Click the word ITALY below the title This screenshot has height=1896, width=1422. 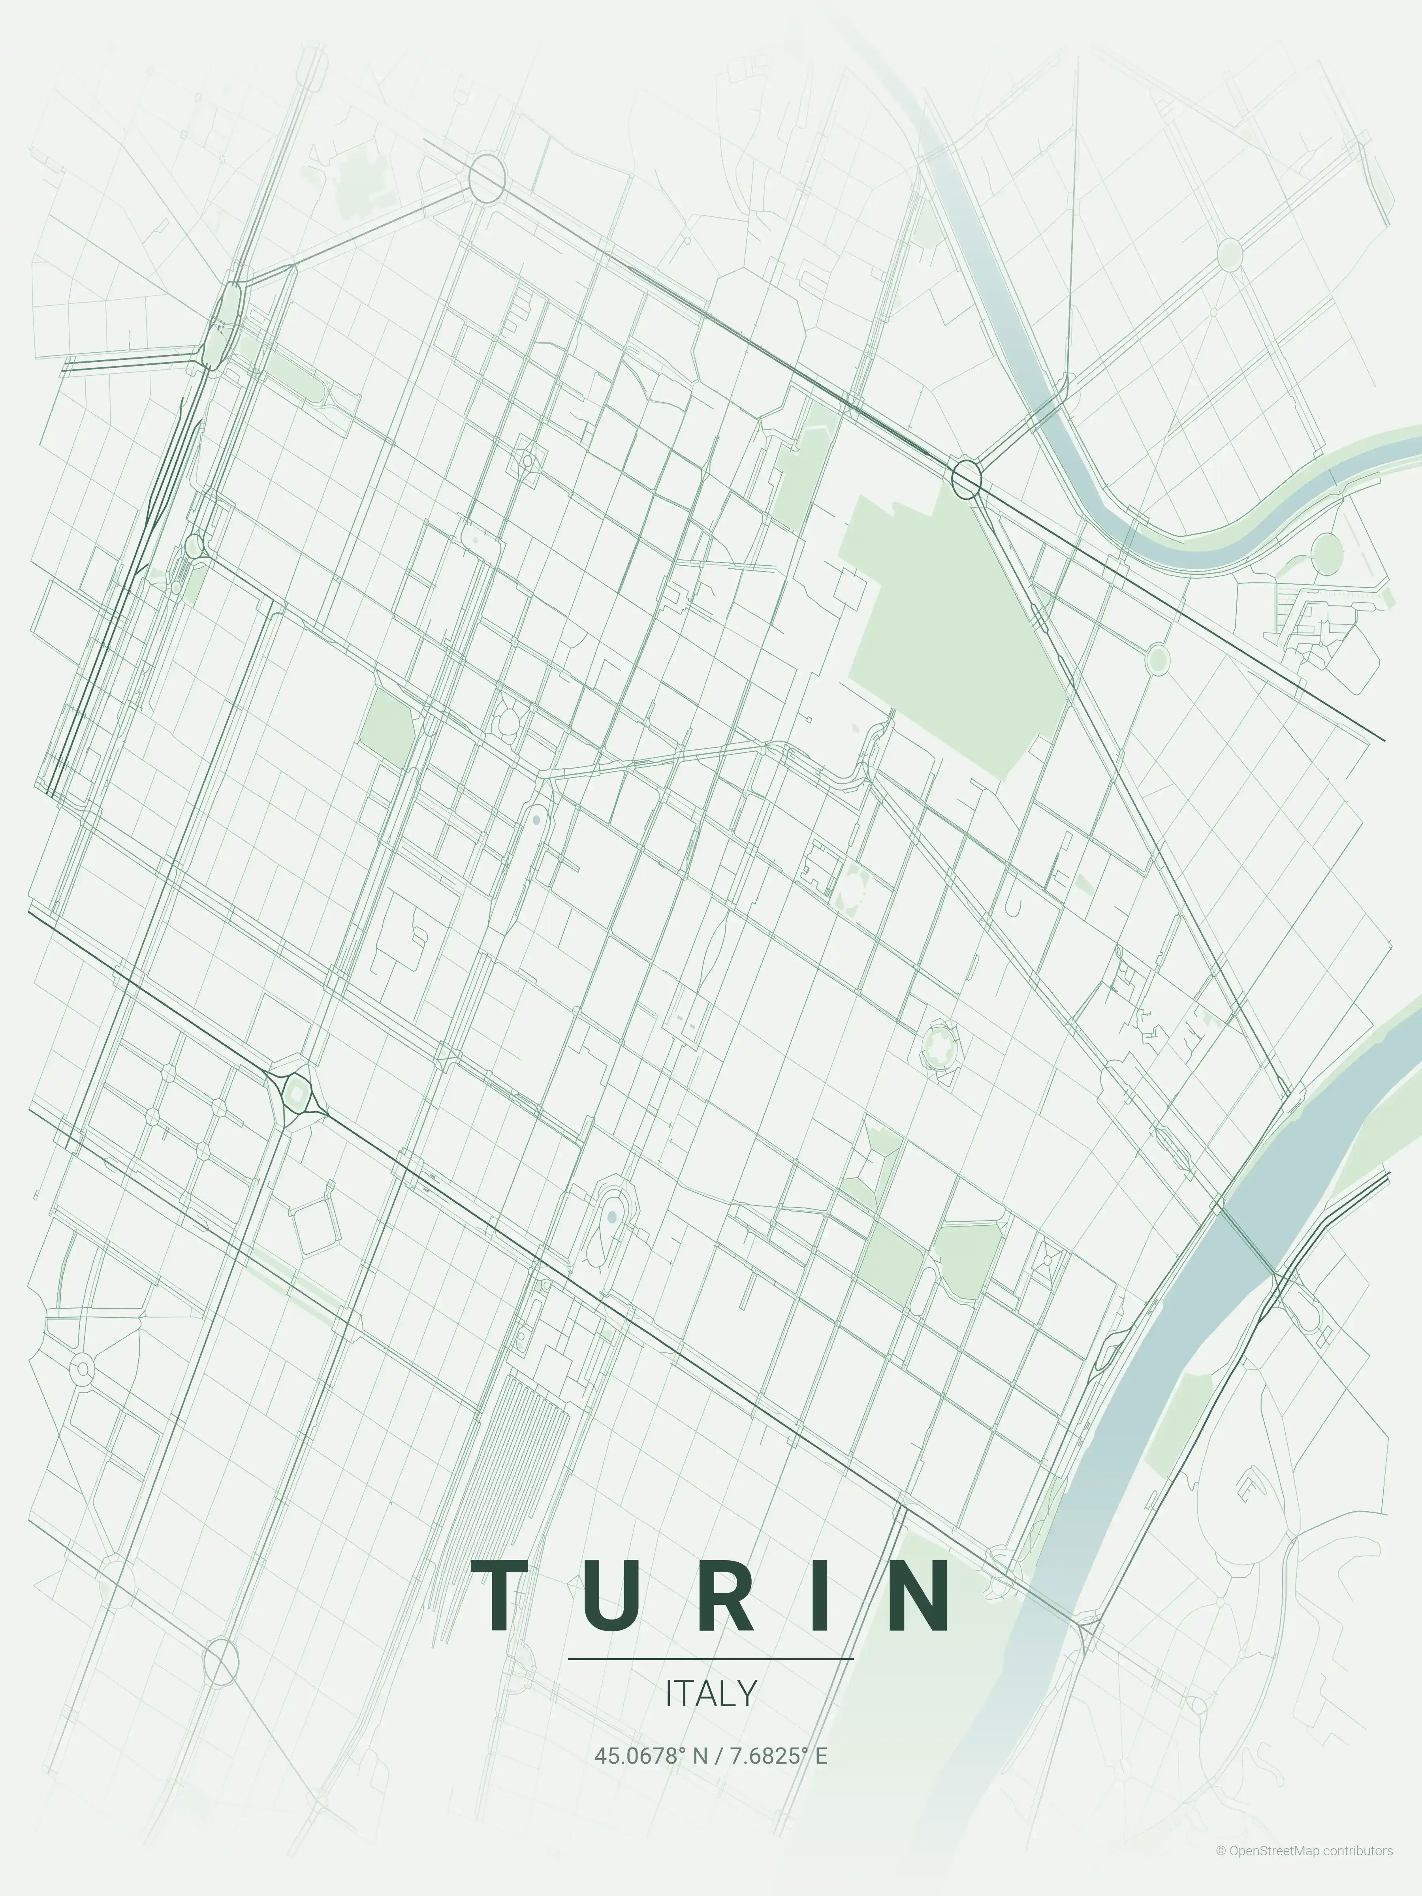711,1693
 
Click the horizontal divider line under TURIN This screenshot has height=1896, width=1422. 711,1659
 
